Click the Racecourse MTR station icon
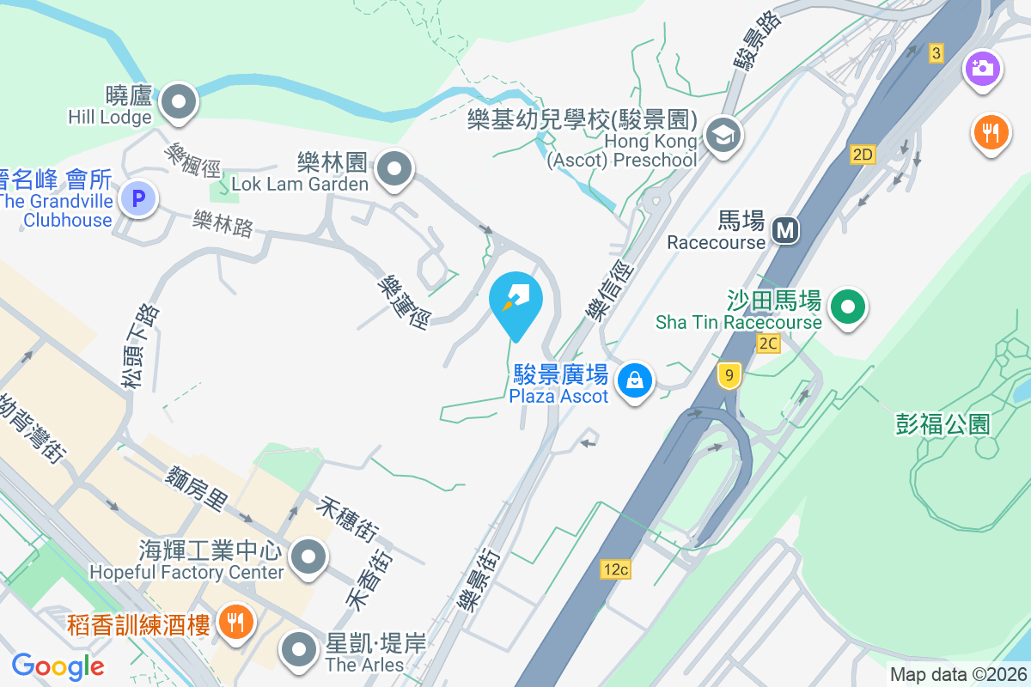(784, 229)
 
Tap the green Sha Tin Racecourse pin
(848, 306)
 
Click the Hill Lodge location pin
(179, 100)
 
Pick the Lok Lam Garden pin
(394, 168)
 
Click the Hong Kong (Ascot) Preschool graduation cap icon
(723, 135)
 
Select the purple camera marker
(983, 68)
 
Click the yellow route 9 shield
(729, 374)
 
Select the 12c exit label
(615, 568)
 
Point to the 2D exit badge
(863, 155)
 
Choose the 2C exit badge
(768, 343)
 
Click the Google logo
(58, 666)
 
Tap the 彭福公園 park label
(943, 424)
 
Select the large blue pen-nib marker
(516, 300)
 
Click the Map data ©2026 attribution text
(958, 674)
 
